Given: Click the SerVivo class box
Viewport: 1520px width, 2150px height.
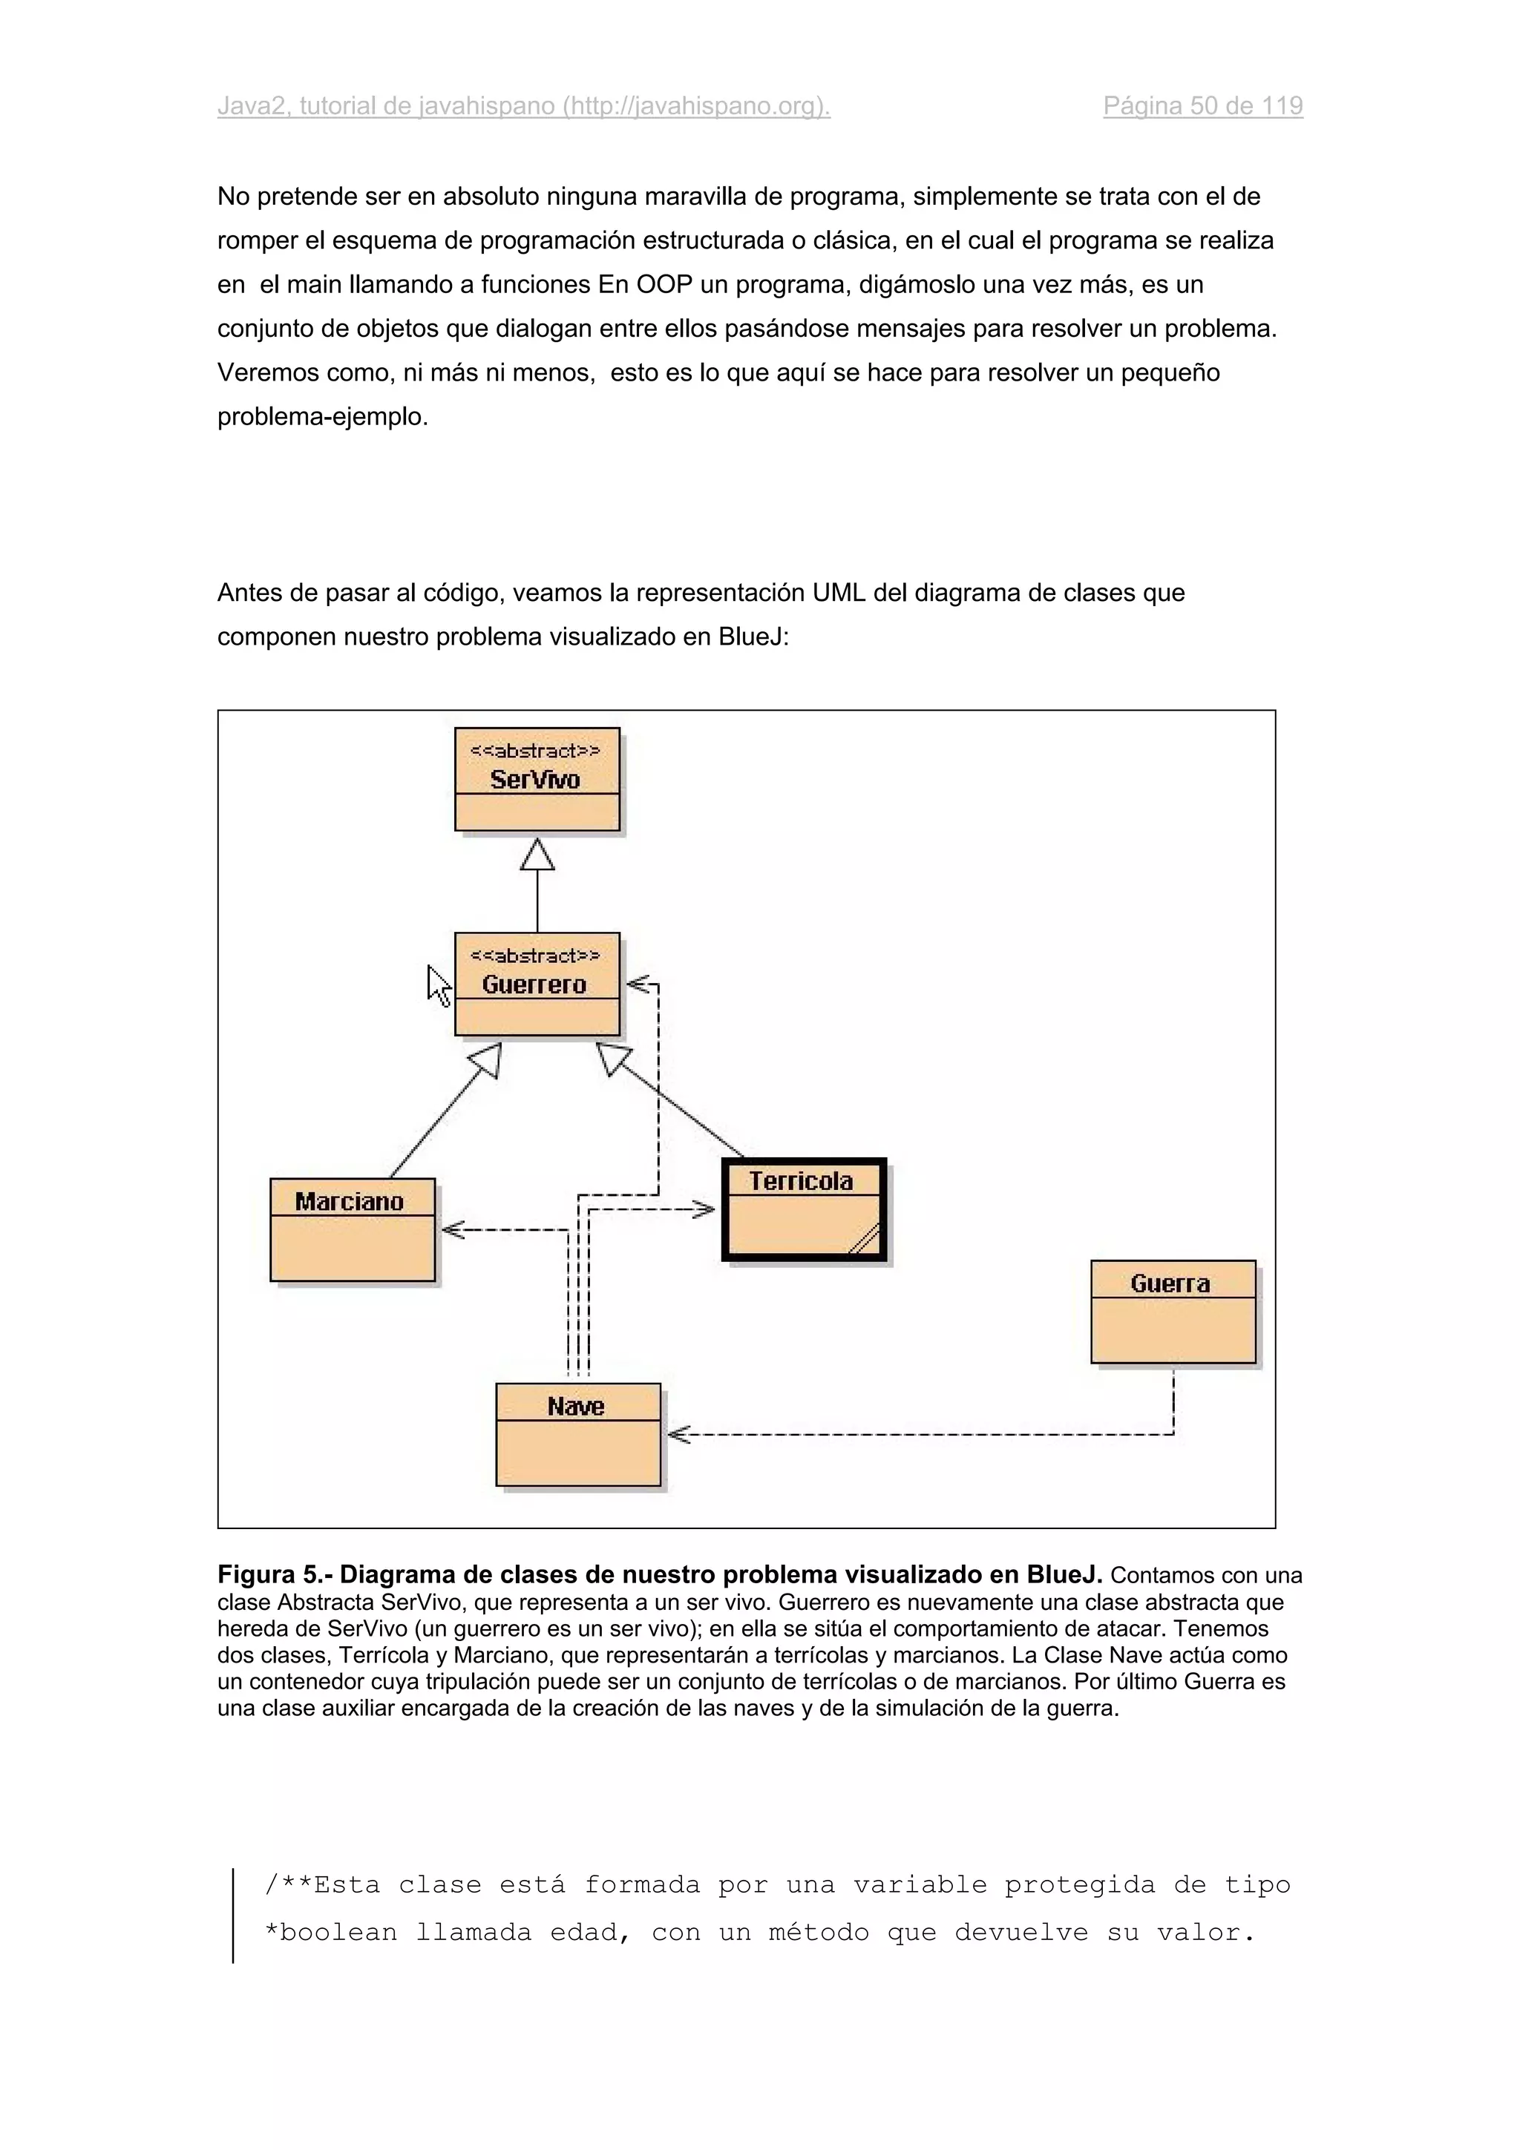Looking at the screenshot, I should click(x=537, y=779).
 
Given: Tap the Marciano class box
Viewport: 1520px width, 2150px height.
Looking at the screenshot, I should click(x=352, y=1229).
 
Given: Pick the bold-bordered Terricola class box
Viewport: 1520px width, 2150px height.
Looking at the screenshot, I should click(x=804, y=1210).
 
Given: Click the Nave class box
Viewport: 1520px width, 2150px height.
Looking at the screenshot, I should click(x=578, y=1433).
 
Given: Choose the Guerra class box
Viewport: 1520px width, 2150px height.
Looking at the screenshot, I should click(x=1173, y=1311).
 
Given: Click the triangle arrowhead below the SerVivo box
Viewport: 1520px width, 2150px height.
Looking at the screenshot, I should click(x=537, y=854).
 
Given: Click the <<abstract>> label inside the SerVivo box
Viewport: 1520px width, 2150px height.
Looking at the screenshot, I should click(x=535, y=751).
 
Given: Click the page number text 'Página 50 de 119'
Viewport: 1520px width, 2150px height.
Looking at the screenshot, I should click(x=1202, y=106).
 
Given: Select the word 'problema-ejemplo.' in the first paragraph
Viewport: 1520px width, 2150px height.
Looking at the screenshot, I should click(x=322, y=417).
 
